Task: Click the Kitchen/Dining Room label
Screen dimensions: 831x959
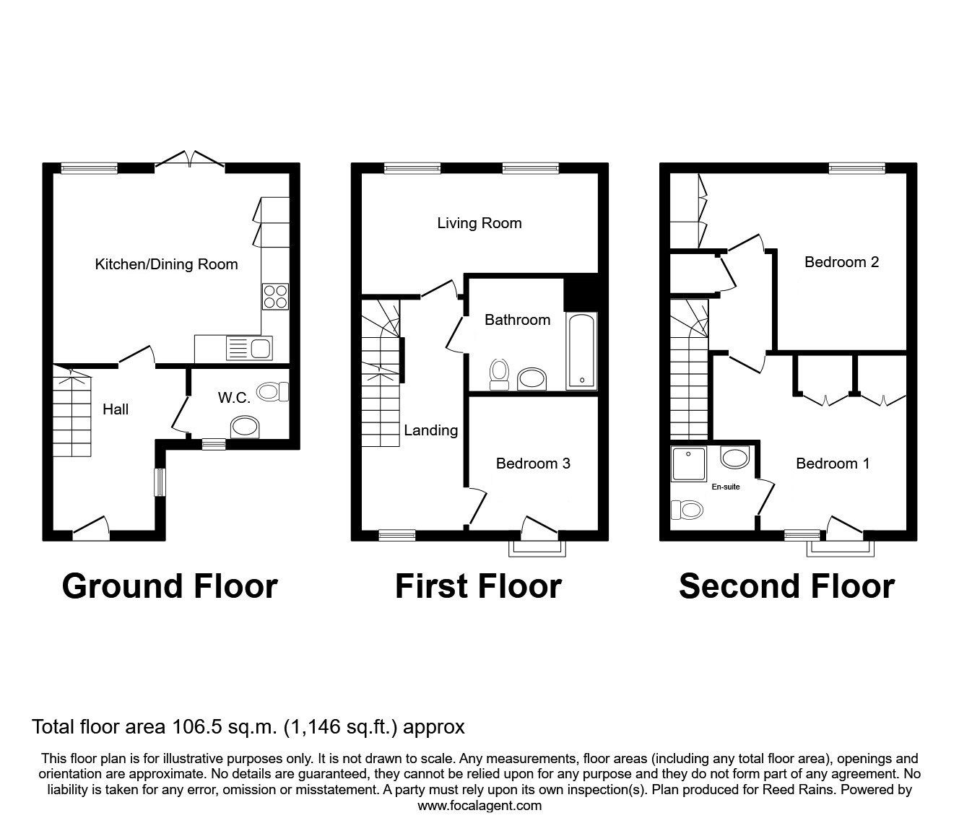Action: (x=166, y=264)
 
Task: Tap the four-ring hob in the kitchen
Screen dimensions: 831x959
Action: (x=274, y=296)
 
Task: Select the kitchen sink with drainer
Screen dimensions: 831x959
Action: (x=248, y=349)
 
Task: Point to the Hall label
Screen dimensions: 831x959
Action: (x=116, y=409)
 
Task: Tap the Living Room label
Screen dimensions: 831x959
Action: (x=479, y=223)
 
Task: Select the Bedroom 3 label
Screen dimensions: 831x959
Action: (x=533, y=464)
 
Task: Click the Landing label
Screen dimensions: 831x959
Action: (x=430, y=430)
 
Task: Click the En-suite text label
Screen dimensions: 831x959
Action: (x=726, y=487)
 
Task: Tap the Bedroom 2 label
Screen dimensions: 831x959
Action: (x=841, y=262)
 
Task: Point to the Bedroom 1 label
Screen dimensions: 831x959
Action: (x=833, y=464)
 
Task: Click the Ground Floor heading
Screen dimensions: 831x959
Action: (x=170, y=586)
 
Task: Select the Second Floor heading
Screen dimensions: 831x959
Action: (x=786, y=586)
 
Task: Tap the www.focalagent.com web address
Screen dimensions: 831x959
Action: (x=479, y=806)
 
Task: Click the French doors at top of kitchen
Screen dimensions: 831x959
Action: (x=190, y=160)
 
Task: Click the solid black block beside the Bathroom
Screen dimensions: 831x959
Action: (x=581, y=291)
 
